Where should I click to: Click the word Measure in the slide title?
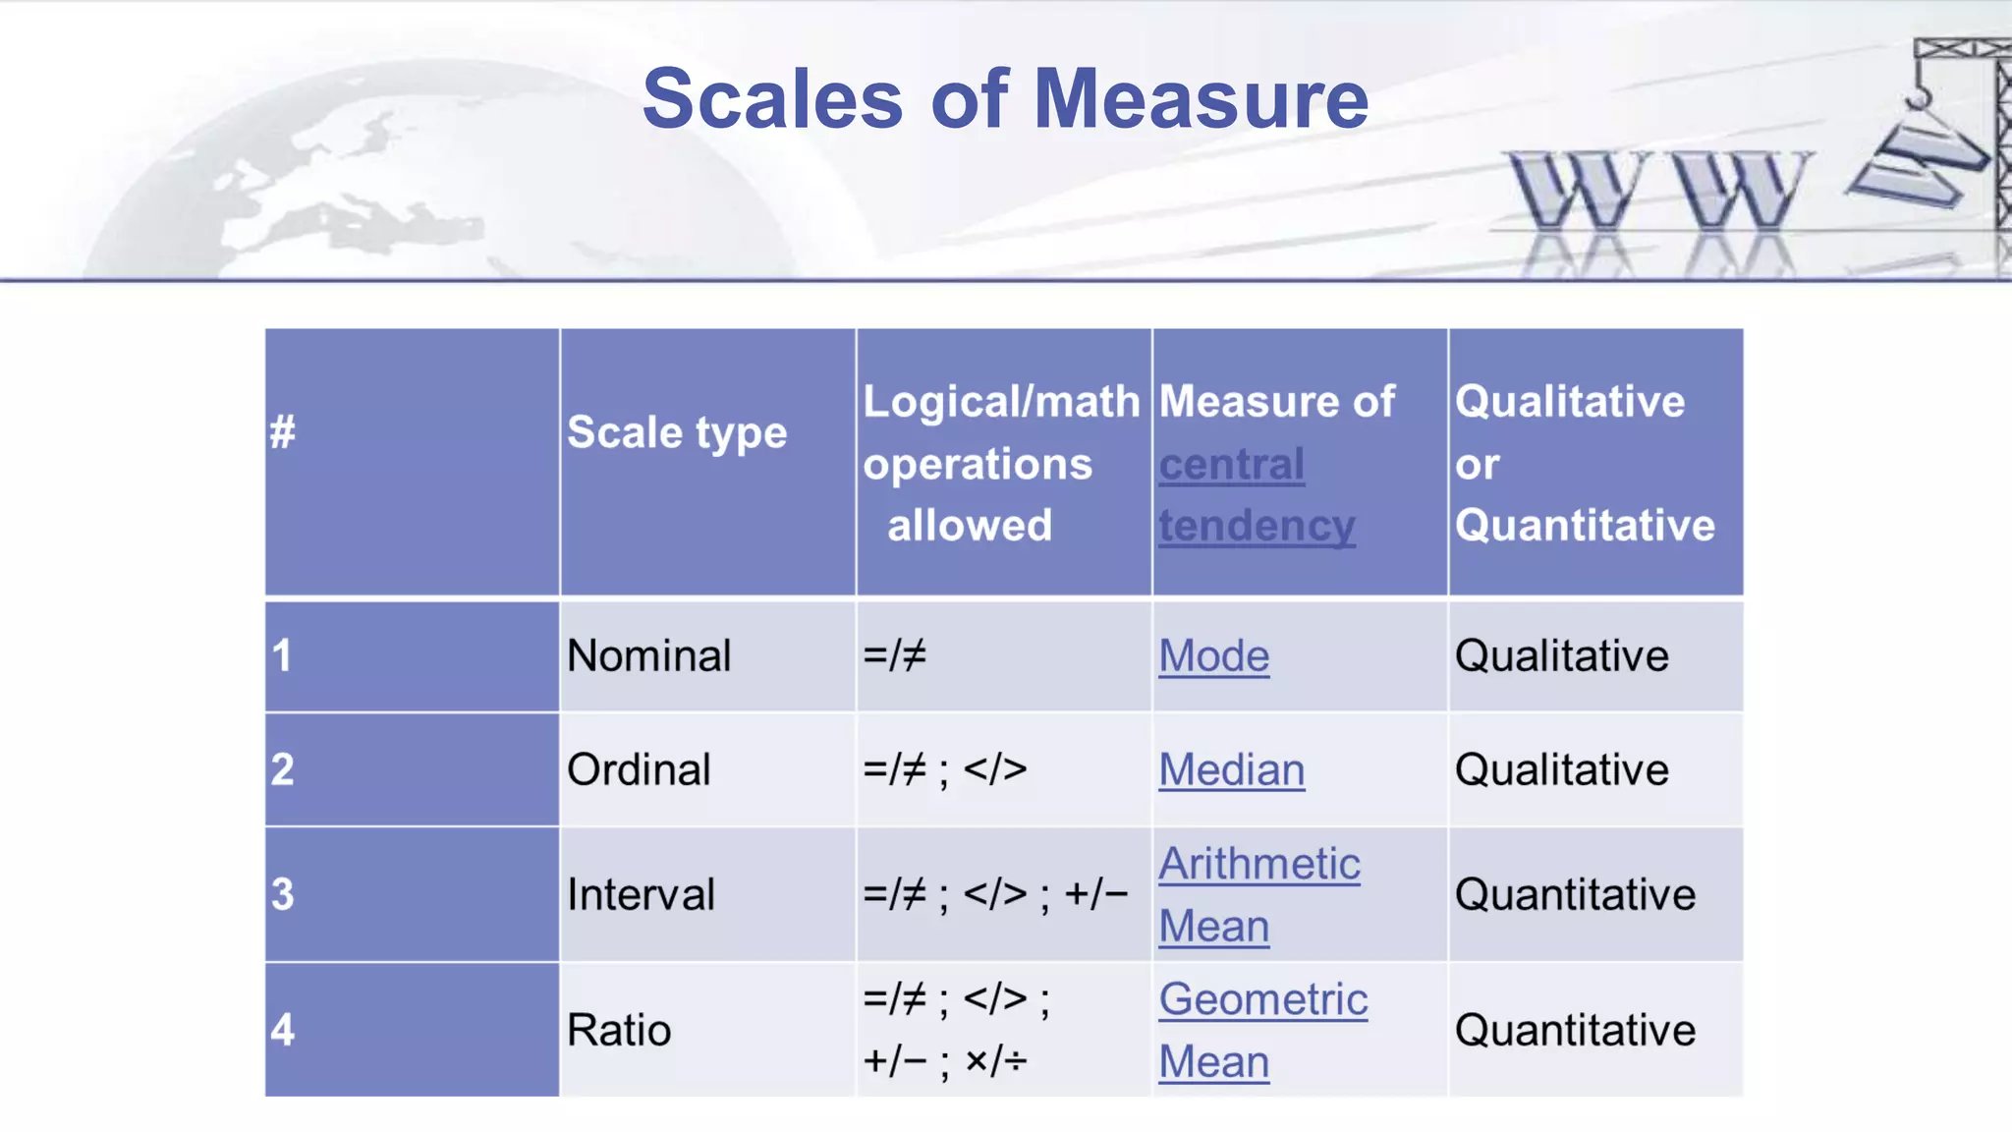tap(1201, 99)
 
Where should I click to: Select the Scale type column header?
tap(677, 432)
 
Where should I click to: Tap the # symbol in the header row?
tap(283, 432)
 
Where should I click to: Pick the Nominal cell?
tap(649, 655)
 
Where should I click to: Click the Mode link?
tap(1213, 655)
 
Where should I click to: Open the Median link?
tap(1231, 769)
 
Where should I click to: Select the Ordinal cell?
tap(639, 769)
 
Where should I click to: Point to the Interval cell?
tap(641, 894)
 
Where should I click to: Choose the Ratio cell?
tap(619, 1030)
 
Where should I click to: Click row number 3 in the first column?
tap(283, 894)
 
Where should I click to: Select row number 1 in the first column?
tap(283, 655)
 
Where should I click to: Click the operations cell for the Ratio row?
tap(955, 1030)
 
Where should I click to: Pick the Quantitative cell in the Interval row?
tap(1575, 894)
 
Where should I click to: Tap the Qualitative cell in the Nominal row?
tap(1561, 655)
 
